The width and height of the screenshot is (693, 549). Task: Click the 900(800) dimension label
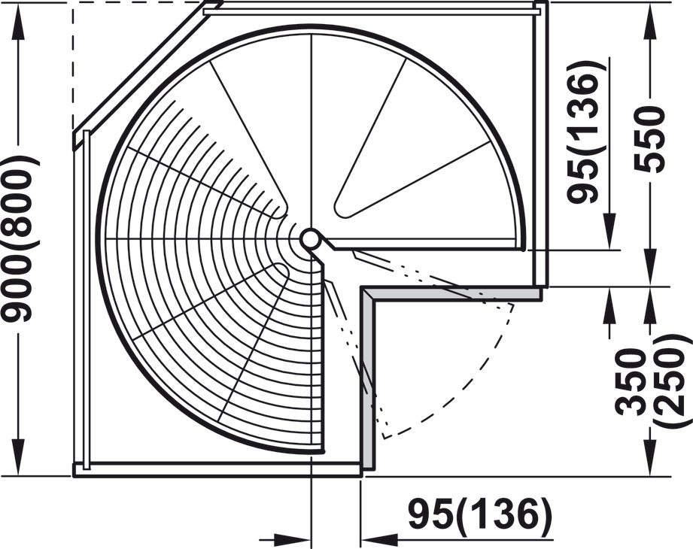(19, 238)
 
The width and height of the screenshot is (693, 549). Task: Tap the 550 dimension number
(649, 139)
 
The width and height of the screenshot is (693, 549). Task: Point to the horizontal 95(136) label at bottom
(480, 514)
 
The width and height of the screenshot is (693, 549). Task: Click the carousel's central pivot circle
(310, 238)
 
